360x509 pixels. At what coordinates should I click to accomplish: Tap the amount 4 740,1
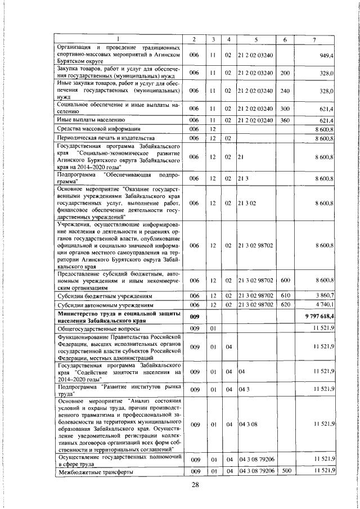point(325,305)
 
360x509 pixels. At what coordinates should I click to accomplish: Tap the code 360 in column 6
point(285,120)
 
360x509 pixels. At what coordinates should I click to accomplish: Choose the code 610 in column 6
point(285,295)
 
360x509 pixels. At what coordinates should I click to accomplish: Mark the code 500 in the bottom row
point(285,471)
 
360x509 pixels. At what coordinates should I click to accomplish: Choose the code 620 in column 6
point(285,305)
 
